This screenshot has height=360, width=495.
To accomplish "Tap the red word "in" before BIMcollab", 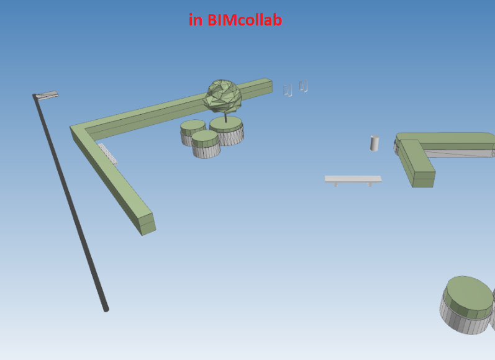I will [x=196, y=20].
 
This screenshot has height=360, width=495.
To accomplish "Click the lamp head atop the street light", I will [x=47, y=95].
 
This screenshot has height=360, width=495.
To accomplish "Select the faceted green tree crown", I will [x=224, y=96].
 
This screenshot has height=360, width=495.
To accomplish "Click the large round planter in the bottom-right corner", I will [x=469, y=304].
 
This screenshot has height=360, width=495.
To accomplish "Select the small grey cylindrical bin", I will [x=375, y=143].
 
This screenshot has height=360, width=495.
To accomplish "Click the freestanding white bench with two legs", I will [x=353, y=179].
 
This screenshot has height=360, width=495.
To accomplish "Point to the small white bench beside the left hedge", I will [x=108, y=153].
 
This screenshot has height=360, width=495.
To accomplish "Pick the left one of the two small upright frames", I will [x=288, y=91].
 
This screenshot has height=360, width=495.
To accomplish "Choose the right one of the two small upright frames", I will [x=303, y=86].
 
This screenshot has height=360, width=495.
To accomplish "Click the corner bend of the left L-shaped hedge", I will [x=81, y=130].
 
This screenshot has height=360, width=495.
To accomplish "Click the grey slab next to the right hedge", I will [x=463, y=152].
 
